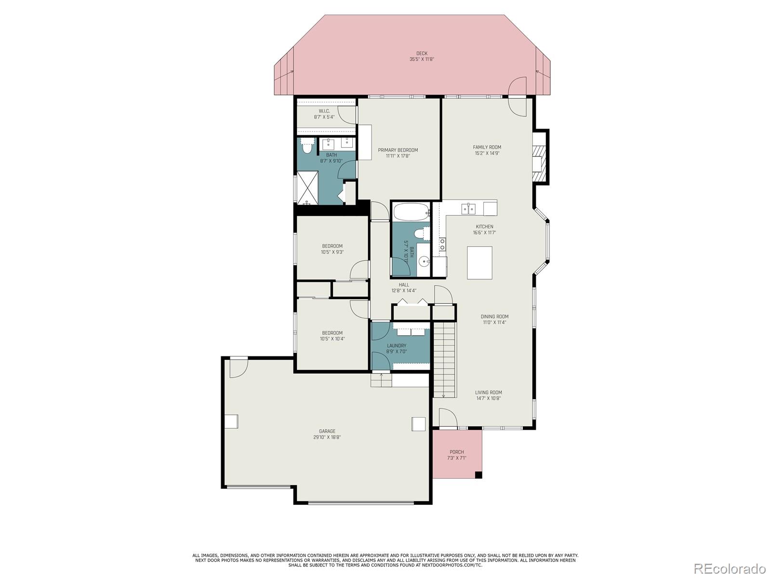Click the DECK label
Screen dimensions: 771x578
click(422, 53)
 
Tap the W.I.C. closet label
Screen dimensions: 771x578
click(324, 111)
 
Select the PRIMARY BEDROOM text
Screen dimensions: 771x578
click(398, 150)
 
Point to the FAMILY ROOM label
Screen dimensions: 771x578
click(487, 147)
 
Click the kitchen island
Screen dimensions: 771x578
click(479, 263)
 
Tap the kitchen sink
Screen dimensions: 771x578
click(468, 209)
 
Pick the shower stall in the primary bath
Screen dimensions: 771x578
click(308, 188)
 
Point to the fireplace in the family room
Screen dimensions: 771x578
click(540, 157)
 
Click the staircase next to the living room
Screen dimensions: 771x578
click(444, 360)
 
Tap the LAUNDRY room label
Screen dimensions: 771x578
click(397, 346)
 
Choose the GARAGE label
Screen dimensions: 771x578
click(327, 431)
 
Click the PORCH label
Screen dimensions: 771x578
click(457, 452)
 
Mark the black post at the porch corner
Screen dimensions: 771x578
click(478, 475)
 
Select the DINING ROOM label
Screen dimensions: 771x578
click(494, 316)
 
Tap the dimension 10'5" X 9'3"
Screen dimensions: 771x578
click(332, 252)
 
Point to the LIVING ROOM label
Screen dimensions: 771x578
click(489, 393)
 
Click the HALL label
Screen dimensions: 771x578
click(404, 285)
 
